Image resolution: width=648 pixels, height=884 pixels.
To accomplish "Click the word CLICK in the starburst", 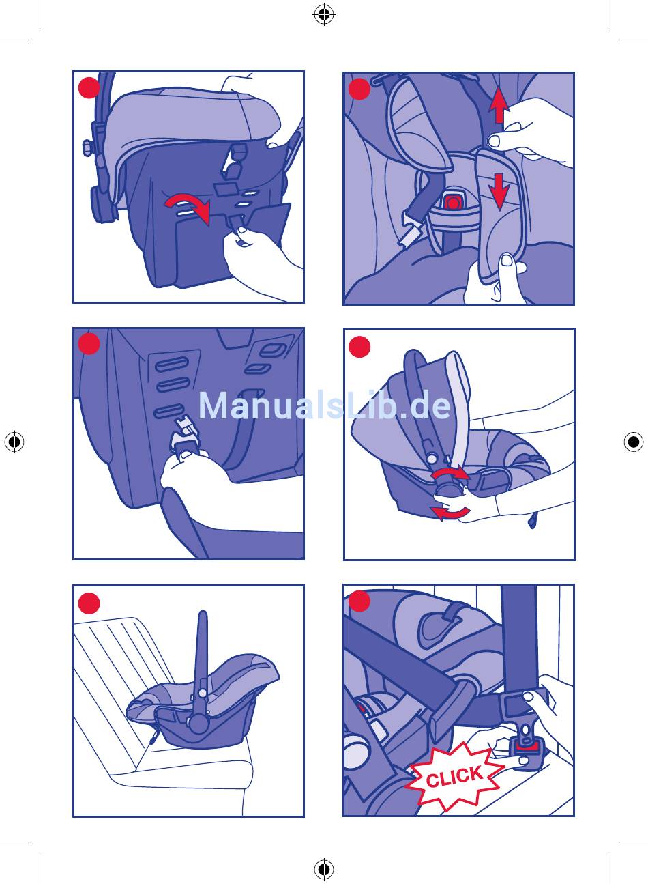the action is click(x=454, y=776).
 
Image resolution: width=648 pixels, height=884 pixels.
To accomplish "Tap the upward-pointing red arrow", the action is click(x=499, y=105).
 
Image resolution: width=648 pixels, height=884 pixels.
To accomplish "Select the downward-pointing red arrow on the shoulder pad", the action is click(x=499, y=192).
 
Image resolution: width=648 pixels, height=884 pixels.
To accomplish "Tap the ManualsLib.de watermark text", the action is click(x=324, y=405).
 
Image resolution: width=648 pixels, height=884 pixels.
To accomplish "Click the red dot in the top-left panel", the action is click(x=89, y=87).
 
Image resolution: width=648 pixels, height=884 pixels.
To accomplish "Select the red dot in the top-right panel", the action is click(x=359, y=89).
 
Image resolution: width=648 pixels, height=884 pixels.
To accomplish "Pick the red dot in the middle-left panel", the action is click(x=89, y=344).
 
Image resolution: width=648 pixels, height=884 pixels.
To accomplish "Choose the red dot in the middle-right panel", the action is click(x=359, y=347).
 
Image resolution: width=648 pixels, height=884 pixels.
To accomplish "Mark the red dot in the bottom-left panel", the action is click(x=89, y=603).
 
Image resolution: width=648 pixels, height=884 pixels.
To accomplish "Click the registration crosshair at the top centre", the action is click(x=324, y=14).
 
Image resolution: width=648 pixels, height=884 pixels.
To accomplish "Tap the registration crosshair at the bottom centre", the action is click(x=324, y=869).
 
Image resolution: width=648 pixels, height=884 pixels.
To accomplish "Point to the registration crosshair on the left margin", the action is click(x=14, y=442).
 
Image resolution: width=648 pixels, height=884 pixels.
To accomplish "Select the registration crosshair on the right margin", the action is click(x=634, y=442).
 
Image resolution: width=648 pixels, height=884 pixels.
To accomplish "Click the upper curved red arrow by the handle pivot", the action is click(x=450, y=473).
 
